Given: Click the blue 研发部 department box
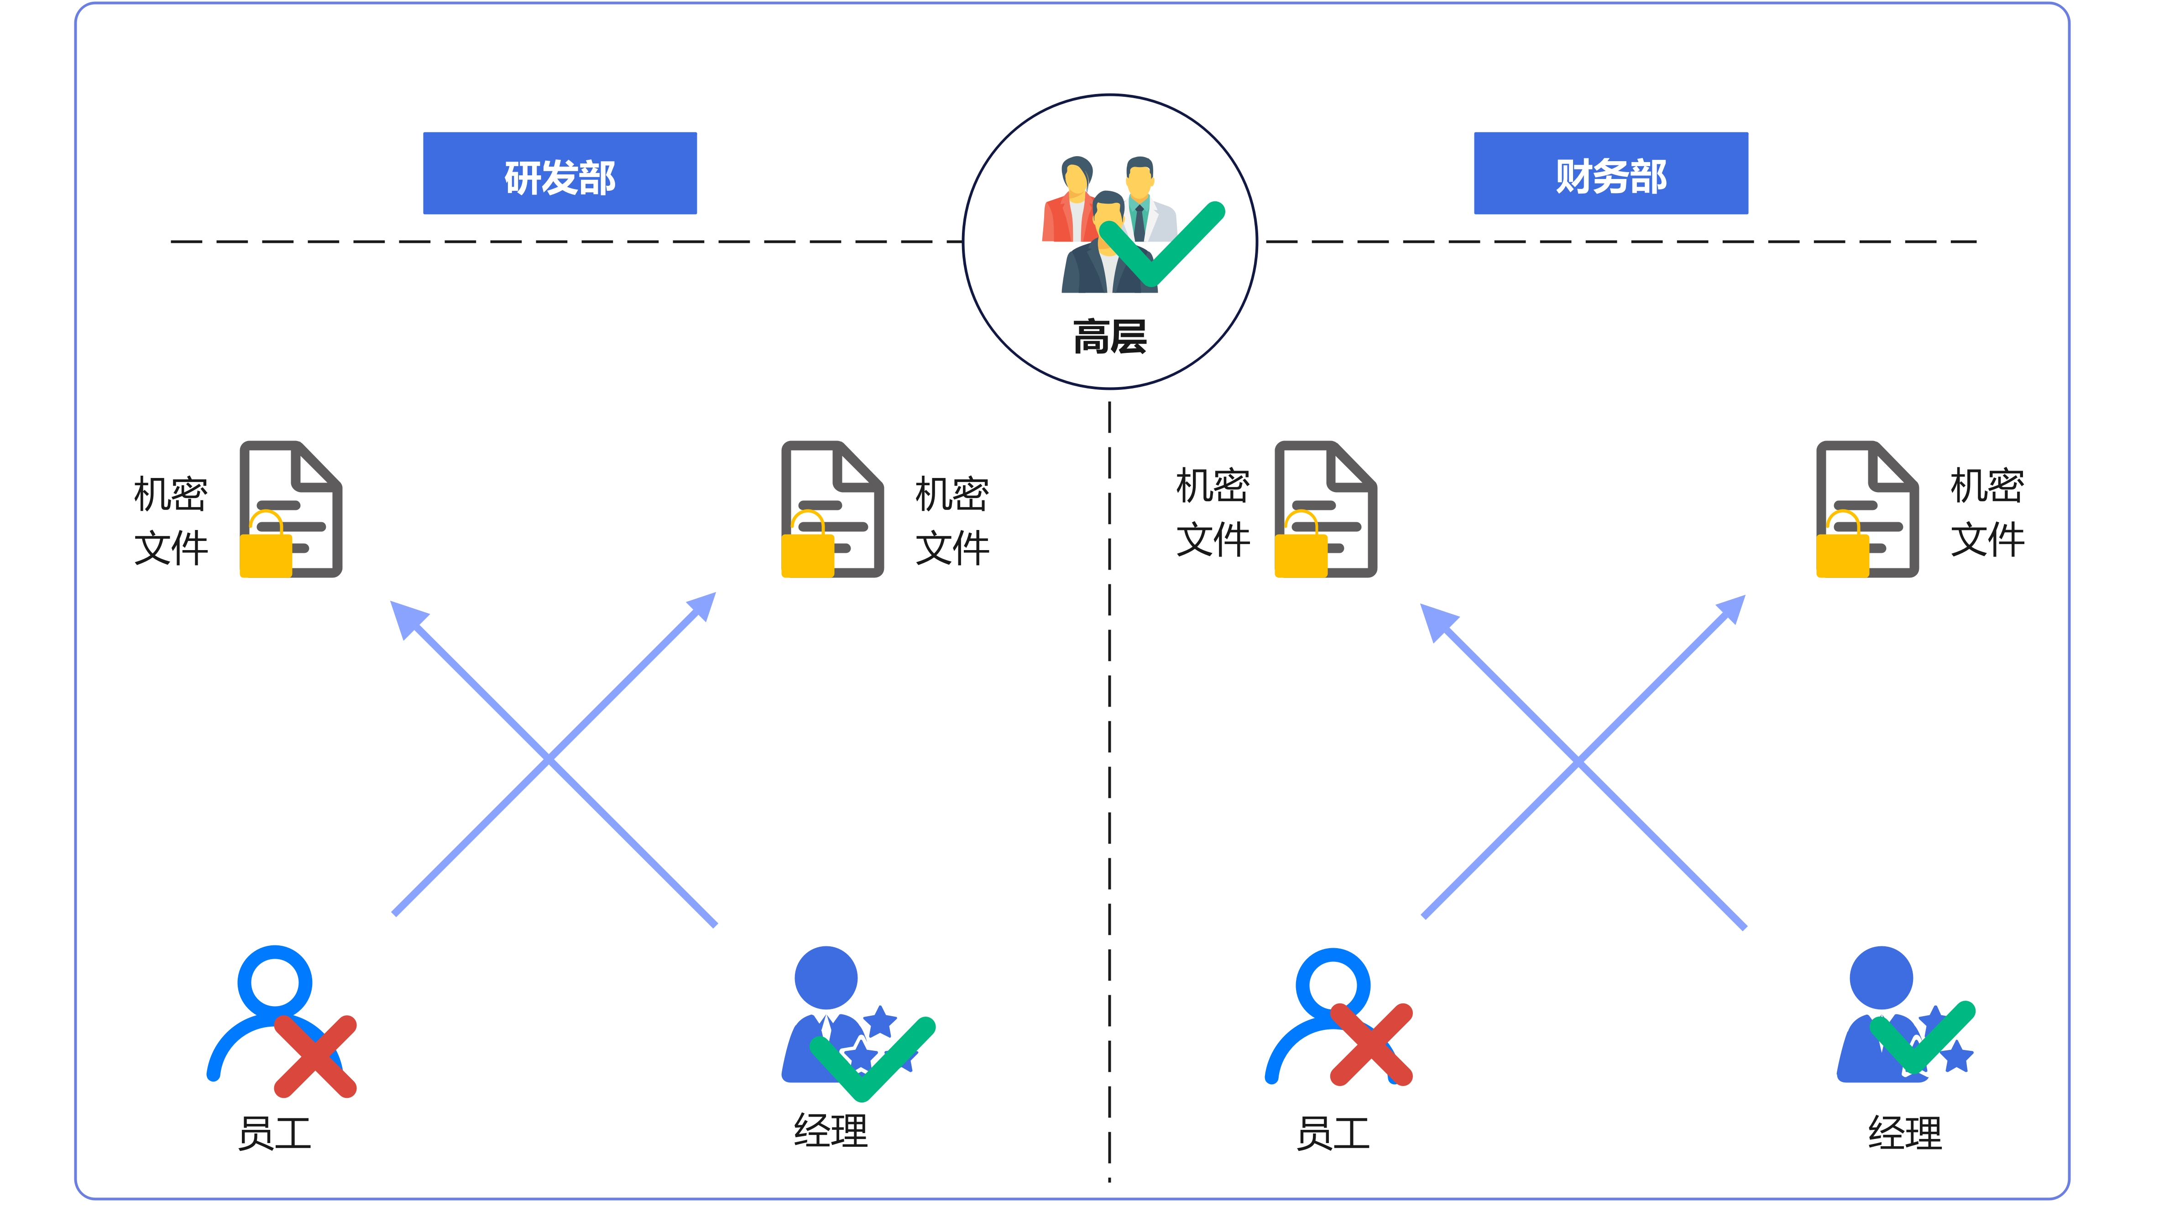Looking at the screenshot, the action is coord(560,173).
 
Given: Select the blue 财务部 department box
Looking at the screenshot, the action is coord(1611,173).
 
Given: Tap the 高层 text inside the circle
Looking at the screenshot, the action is coord(1110,337).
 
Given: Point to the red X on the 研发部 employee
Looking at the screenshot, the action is coord(316,1056).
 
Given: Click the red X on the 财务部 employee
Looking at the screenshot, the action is coord(1372,1044).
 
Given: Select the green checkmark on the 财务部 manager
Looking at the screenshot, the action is coord(1923,1038).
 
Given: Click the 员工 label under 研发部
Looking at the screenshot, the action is coord(275,1133).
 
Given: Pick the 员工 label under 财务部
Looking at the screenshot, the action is coord(1333,1133).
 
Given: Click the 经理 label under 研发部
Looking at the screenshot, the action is coord(831,1131).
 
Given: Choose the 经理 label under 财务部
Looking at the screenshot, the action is coord(1905,1133).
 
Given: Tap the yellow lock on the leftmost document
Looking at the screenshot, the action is coord(266,545).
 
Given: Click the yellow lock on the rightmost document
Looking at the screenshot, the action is coord(1842,545).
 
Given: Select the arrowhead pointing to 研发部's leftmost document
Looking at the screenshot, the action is coord(408,619).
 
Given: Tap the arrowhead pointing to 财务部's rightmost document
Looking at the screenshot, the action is coord(1728,612).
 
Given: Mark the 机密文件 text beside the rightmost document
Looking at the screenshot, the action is coord(1987,512).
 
